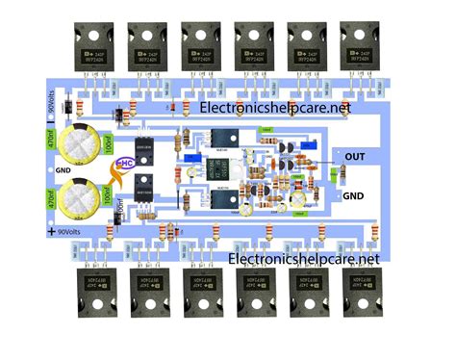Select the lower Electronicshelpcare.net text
point(304,259)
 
